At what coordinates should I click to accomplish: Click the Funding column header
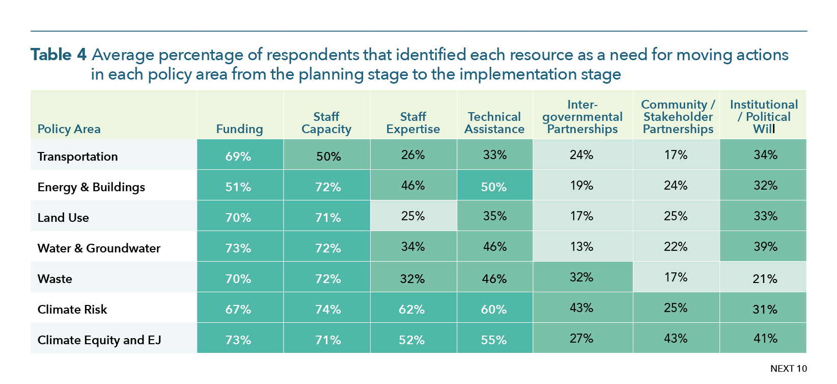[239, 129]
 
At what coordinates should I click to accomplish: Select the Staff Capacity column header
[326, 123]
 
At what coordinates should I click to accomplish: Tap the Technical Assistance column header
[494, 123]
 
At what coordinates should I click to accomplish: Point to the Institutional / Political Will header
[764, 116]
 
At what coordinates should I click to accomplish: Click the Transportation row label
[77, 156]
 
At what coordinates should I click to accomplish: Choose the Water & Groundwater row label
[99, 248]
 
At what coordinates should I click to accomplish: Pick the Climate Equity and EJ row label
[99, 340]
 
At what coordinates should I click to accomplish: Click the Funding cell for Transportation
[240, 154]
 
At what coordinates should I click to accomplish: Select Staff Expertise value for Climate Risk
[413, 308]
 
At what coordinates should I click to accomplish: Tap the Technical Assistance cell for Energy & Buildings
[495, 185]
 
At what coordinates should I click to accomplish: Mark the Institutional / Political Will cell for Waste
[763, 276]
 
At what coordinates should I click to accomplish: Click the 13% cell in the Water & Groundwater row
[582, 246]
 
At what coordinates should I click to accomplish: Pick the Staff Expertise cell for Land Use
[413, 216]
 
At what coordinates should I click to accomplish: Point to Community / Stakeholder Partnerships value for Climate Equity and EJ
[676, 338]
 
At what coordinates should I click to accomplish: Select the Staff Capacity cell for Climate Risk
[326, 308]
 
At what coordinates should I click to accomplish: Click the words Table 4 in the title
[59, 55]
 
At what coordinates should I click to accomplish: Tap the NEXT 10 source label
[789, 369]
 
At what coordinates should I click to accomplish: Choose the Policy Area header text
[69, 129]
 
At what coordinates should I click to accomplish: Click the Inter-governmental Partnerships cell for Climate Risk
[582, 308]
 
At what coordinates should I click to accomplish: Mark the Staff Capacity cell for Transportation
[326, 154]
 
